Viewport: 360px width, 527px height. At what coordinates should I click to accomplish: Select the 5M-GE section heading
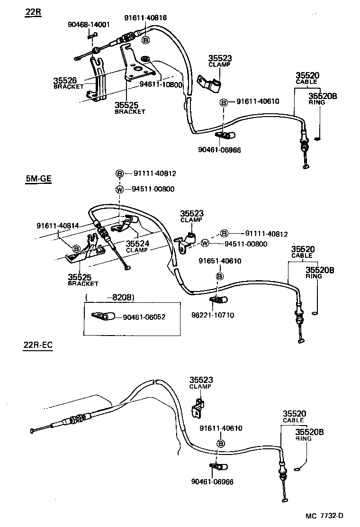click(x=37, y=180)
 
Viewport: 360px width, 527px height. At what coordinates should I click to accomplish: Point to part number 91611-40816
click(x=145, y=18)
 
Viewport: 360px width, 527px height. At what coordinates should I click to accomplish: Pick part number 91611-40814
click(x=57, y=226)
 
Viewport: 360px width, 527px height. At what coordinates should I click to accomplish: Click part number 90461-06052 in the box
click(x=145, y=317)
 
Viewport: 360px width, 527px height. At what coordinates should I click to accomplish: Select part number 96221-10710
click(x=220, y=315)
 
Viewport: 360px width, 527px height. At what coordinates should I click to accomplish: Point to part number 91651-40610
click(x=220, y=261)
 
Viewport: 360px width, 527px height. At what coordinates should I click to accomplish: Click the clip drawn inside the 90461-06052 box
click(x=102, y=317)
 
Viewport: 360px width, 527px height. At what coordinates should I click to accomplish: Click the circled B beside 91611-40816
click(x=146, y=40)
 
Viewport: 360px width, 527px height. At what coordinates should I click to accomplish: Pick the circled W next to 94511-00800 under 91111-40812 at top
click(x=120, y=189)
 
